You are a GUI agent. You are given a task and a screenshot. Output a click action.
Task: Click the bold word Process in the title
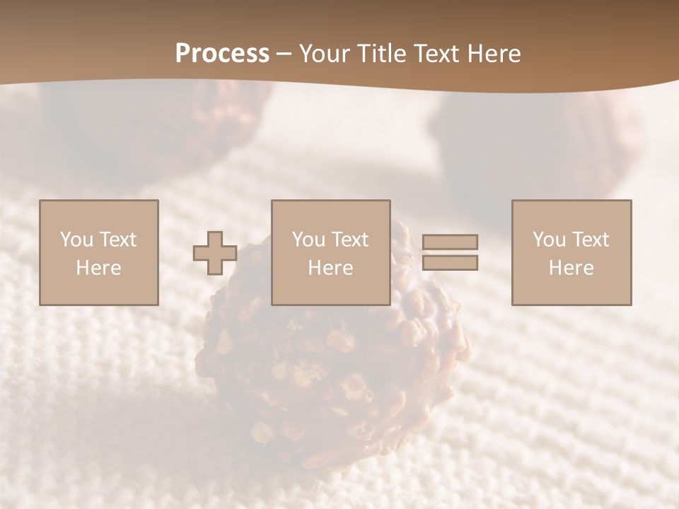point(222,54)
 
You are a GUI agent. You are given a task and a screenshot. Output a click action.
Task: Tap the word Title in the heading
point(381,54)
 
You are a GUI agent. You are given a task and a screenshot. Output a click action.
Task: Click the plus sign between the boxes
point(215,253)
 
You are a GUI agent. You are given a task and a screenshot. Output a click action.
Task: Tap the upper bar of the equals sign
point(450,242)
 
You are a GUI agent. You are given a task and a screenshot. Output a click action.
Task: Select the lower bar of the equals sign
point(450,263)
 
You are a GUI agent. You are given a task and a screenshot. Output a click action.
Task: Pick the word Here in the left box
point(98,268)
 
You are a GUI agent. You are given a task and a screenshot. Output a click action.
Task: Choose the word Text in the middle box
point(349,240)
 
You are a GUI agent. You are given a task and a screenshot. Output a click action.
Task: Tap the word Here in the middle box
point(330,268)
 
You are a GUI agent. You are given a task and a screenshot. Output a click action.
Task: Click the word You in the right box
point(549,240)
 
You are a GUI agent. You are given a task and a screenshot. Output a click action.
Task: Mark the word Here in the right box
point(571,268)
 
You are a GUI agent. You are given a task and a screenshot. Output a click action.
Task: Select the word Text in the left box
point(117,240)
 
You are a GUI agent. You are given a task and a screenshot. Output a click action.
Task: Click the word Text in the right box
point(590,240)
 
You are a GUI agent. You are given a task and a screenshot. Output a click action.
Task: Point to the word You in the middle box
point(308,240)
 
